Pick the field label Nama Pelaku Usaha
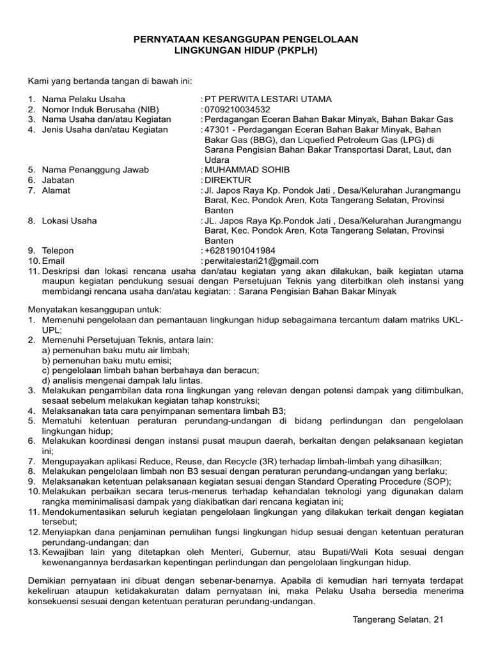pyautogui.click(x=84, y=99)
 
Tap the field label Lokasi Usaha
pyautogui.click(x=70, y=220)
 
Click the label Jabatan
pyautogui.click(x=58, y=180)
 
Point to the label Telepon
pyautogui.click(x=58, y=250)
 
